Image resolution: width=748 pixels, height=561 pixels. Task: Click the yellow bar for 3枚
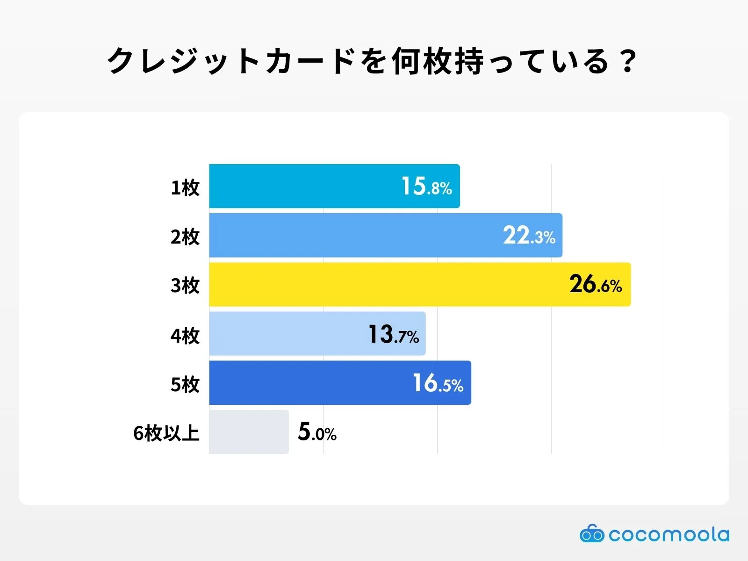(388, 284)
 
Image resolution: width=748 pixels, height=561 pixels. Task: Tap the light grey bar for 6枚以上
(249, 432)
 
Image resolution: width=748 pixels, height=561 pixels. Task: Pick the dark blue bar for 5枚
(309, 382)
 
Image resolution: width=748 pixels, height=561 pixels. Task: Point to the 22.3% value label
(529, 236)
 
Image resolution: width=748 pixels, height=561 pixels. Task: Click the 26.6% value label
(595, 284)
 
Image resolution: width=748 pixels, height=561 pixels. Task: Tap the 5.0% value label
(317, 432)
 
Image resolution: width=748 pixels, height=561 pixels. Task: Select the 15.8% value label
(426, 187)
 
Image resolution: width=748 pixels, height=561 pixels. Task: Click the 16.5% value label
(438, 383)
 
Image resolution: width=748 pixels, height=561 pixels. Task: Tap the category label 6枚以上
(166, 433)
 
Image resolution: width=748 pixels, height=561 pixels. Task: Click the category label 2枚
(185, 237)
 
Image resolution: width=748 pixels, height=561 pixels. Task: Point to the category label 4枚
(185, 335)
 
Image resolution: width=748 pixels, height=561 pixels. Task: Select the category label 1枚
(185, 187)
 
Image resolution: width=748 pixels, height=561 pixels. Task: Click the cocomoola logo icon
(591, 533)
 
